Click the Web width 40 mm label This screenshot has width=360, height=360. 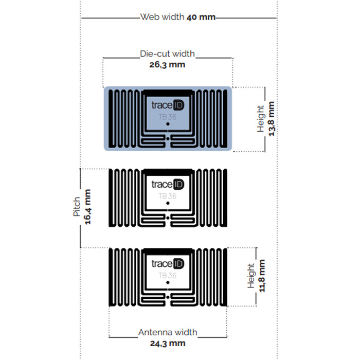pyautogui.click(x=178, y=17)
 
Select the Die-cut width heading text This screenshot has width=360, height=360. pyautogui.click(x=167, y=53)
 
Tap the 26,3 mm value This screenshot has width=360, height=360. pyautogui.click(x=167, y=65)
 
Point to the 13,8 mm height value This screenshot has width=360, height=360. pyautogui.click(x=272, y=119)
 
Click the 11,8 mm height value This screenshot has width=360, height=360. pyautogui.click(x=262, y=276)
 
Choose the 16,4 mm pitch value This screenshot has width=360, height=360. pyautogui.click(x=88, y=207)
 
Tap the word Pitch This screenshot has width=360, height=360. pyautogui.click(x=77, y=207)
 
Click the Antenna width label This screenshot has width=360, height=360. pyautogui.click(x=168, y=332)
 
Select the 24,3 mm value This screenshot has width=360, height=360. pyautogui.click(x=168, y=344)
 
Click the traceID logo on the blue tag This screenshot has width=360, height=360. pyautogui.click(x=168, y=105)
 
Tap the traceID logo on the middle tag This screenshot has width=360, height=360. pyautogui.click(x=168, y=184)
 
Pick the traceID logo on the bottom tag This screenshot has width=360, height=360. pyautogui.click(x=168, y=263)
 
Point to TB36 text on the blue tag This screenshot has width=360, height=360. pyautogui.click(x=168, y=117)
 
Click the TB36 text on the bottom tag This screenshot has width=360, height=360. pyautogui.click(x=168, y=275)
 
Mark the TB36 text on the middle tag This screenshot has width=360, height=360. pyautogui.click(x=168, y=196)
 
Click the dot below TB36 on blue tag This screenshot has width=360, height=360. pyautogui.click(x=168, y=124)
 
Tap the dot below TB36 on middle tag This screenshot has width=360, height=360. pyautogui.click(x=168, y=203)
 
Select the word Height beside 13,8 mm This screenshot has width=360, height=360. pyautogui.click(x=260, y=119)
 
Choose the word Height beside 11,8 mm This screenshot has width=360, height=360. pyautogui.click(x=251, y=276)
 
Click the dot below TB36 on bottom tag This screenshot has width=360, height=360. pyautogui.click(x=168, y=282)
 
